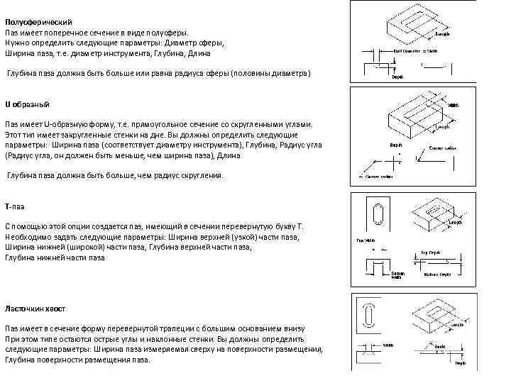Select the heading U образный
[x=28, y=104]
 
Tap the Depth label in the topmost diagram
[x=399, y=78]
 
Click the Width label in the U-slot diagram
[x=453, y=106]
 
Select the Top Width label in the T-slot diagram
[x=365, y=239]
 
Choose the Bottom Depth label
[x=437, y=274]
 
